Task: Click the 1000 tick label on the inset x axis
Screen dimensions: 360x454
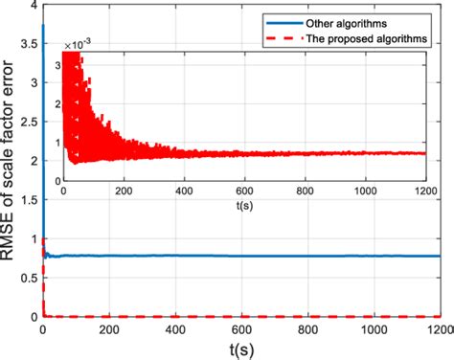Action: click(365, 191)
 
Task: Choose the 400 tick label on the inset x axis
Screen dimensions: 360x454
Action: click(183, 191)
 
